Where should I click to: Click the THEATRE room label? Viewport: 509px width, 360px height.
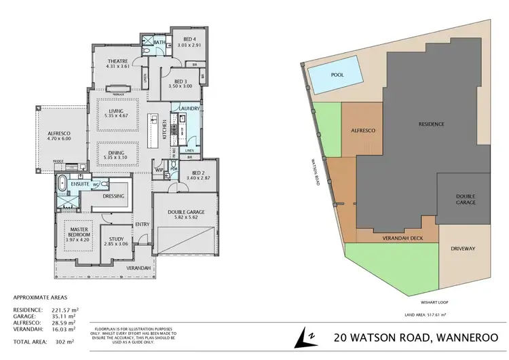tap(117, 60)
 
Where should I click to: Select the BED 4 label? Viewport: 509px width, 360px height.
tap(185, 38)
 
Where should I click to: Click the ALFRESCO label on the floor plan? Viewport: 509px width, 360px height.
tap(59, 133)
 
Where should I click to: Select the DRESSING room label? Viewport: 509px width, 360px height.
tap(113, 196)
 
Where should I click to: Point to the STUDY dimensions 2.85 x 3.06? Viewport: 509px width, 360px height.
tap(114, 242)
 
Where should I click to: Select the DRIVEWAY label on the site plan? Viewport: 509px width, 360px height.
tap(466, 249)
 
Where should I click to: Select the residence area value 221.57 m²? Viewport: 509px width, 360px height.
tap(66, 310)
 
